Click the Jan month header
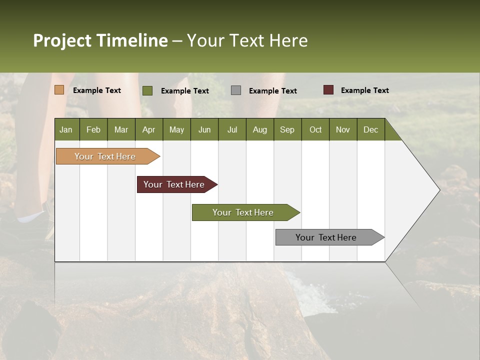coord(66,129)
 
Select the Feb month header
coord(93,129)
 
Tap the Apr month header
coord(149,129)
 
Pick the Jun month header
coord(204,129)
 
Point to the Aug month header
coord(260,129)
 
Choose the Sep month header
coord(287,129)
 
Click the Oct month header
coord(315,129)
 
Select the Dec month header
coord(371,129)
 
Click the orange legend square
coord(59,90)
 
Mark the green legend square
coord(147,90)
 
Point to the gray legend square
coord(236,90)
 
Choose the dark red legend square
coord(328,90)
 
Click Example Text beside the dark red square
coord(364,90)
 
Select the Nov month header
coord(343,129)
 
